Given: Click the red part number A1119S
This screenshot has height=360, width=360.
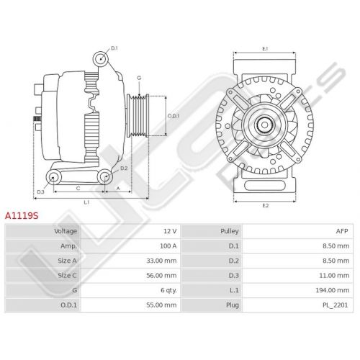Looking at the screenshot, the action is click(22, 215).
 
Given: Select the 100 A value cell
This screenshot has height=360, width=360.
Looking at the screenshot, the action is click(168, 246).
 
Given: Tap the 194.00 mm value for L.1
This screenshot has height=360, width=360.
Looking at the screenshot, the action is click(333, 290).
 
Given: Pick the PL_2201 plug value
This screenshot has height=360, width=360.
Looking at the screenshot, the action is click(336, 305).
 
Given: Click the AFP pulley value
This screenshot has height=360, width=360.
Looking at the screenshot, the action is click(342, 231).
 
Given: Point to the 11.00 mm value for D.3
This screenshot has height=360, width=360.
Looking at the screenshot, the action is click(334, 276).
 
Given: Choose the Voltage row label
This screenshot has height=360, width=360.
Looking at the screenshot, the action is click(66, 231).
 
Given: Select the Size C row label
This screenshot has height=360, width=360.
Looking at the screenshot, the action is click(67, 276).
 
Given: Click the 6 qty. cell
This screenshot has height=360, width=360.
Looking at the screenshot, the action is click(168, 290).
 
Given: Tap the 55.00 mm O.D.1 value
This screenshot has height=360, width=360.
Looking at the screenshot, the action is click(161, 305).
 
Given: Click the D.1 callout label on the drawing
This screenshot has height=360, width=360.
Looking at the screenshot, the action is click(114, 48).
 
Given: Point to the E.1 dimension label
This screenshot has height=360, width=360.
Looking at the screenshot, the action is click(265, 49).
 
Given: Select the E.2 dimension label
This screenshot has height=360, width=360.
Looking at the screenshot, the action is click(265, 205).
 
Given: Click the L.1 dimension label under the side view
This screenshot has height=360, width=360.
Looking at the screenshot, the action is click(86, 202).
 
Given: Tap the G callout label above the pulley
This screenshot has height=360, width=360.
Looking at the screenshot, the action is click(139, 78).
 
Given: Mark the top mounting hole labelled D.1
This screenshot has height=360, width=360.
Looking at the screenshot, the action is click(101, 59).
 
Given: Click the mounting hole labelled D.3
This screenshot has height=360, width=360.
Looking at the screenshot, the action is click(53, 177).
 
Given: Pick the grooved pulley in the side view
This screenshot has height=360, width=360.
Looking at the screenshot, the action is click(138, 116).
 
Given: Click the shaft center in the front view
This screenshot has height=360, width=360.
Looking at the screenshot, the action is click(264, 125).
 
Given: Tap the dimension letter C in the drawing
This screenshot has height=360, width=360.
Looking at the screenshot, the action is click(78, 189).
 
